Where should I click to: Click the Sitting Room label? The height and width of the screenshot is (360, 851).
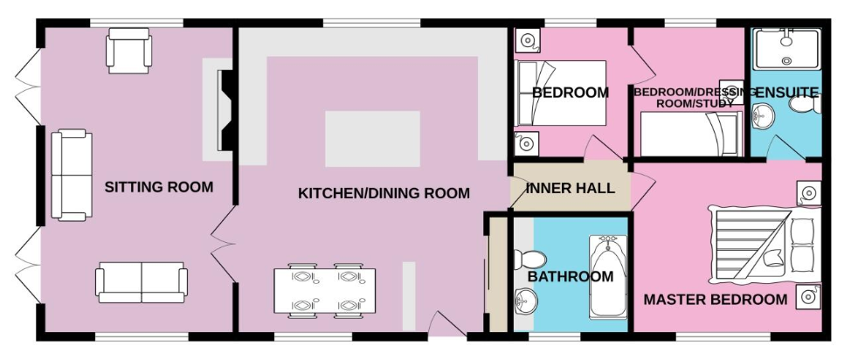pyautogui.click(x=158, y=187)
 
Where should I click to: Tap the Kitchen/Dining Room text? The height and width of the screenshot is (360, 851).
pyautogui.click(x=384, y=193)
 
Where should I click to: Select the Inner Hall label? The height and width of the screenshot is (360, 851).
pyautogui.click(x=571, y=189)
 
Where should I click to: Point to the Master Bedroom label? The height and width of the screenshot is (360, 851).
pyautogui.click(x=716, y=299)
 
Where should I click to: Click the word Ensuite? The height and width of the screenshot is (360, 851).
pyautogui.click(x=787, y=93)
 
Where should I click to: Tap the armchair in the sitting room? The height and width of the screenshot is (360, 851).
pyautogui.click(x=128, y=51)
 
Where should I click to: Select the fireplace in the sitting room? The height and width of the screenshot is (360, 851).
pyautogui.click(x=225, y=110)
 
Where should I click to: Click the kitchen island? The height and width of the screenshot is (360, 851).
pyautogui.click(x=373, y=138)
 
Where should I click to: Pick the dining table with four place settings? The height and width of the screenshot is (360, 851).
pyautogui.click(x=324, y=290)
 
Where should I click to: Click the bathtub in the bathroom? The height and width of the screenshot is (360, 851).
pyautogui.click(x=608, y=277)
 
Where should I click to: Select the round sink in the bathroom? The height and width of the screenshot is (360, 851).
pyautogui.click(x=525, y=301)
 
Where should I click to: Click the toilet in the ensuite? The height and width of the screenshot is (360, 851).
pyautogui.click(x=805, y=104)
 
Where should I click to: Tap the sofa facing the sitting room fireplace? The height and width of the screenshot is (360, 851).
pyautogui.click(x=72, y=175)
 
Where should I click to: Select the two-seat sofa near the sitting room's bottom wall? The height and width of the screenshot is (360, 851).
pyautogui.click(x=142, y=282)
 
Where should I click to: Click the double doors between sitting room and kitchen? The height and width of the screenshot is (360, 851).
pyautogui.click(x=223, y=244)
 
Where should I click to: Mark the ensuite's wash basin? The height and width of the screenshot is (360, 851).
pyautogui.click(x=764, y=117)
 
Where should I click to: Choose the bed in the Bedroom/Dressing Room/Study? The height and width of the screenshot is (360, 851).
pyautogui.click(x=691, y=134)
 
